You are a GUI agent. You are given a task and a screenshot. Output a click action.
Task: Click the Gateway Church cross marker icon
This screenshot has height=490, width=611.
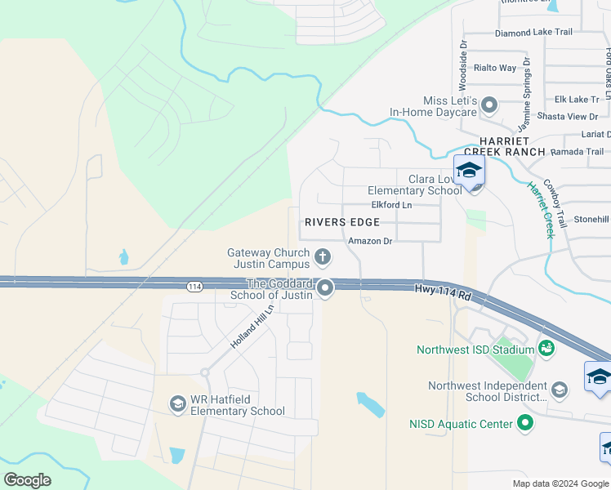pyautogui.click(x=323, y=258)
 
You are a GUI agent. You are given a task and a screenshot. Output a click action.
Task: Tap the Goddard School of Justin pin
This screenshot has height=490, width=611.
pyautogui.click(x=326, y=287)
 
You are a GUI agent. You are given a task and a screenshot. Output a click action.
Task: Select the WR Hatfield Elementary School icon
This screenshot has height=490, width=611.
pyautogui.click(x=177, y=403)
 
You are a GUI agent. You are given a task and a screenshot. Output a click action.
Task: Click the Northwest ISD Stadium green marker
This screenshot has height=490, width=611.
pyautogui.click(x=546, y=349)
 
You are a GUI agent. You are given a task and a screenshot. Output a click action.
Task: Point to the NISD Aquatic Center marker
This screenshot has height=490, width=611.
pyautogui.click(x=526, y=423)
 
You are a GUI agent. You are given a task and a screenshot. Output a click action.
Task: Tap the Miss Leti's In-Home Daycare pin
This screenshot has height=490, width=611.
pyautogui.click(x=489, y=105)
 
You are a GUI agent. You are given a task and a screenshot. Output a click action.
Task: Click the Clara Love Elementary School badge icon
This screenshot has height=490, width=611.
pyautogui.click(x=470, y=172)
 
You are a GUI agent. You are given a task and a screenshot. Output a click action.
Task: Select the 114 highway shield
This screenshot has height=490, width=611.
pyautogui.click(x=194, y=286)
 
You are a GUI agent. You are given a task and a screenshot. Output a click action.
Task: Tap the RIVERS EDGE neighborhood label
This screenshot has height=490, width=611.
pyautogui.click(x=342, y=222)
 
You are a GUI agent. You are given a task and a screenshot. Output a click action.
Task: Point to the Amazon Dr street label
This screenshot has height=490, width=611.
pyautogui.click(x=370, y=241)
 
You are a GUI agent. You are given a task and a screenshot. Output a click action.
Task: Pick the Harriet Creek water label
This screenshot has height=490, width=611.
pyautogui.click(x=542, y=210)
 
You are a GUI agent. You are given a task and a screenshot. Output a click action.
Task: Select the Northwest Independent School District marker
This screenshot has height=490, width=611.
pyautogui.click(x=560, y=389)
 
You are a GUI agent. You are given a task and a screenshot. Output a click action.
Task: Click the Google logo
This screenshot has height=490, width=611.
pyautogui.click(x=27, y=480)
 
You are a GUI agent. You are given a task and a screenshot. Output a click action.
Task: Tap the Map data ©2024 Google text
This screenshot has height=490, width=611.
pyautogui.click(x=560, y=483)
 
